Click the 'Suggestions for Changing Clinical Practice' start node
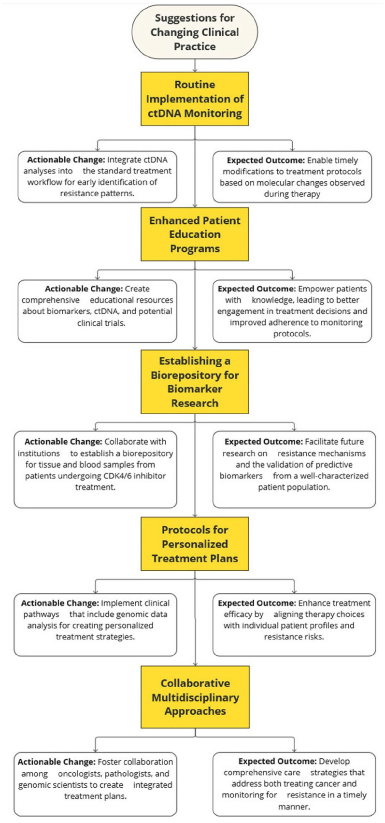[x=195, y=32]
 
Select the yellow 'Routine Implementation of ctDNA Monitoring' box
[x=195, y=99]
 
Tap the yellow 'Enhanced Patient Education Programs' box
[x=195, y=234]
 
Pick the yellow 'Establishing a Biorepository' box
[x=195, y=381]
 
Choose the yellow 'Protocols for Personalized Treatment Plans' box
[x=195, y=544]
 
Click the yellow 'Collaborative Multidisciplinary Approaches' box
[x=195, y=697]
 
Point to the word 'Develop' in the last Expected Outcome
[x=334, y=761]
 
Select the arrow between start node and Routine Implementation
[x=195, y=65]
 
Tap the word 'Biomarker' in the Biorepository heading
[x=195, y=389]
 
